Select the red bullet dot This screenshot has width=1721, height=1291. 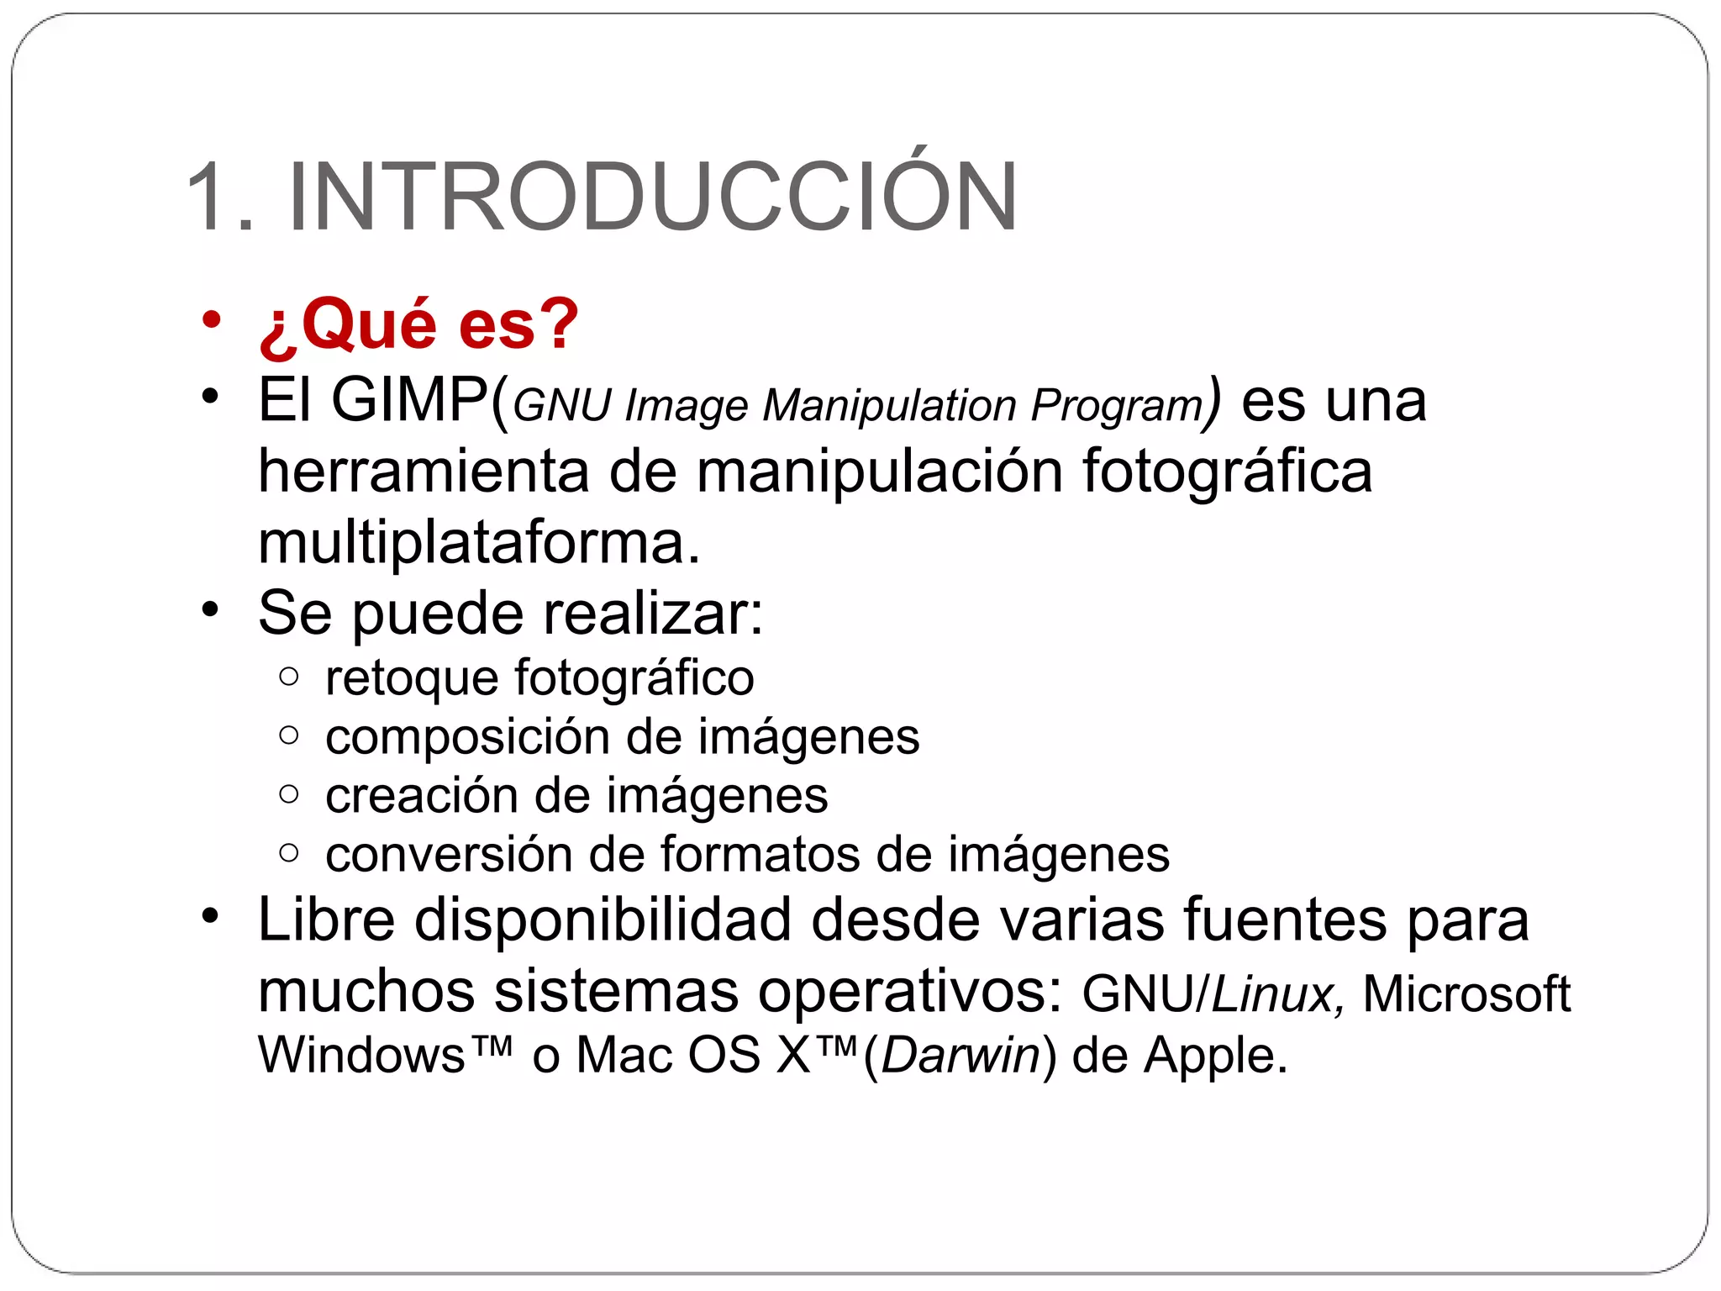[x=211, y=320]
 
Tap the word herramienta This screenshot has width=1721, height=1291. [x=424, y=471]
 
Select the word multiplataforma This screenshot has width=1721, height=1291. [x=478, y=542]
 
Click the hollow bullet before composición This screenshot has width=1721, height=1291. [x=288, y=735]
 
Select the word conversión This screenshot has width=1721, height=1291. [x=448, y=854]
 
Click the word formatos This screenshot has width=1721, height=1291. [x=760, y=854]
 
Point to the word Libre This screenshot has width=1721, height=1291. [x=326, y=919]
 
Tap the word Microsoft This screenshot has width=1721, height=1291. [x=1466, y=994]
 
